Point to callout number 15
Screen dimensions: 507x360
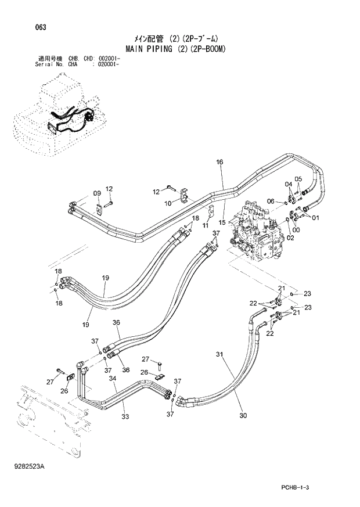[x=222, y=221]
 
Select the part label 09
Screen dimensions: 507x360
[x=97, y=193]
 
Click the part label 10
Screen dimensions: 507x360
[x=168, y=203]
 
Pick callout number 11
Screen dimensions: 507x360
[x=205, y=225]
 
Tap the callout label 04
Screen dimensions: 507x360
[x=288, y=184]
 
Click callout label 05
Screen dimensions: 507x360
[x=298, y=178]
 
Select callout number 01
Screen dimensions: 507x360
[x=315, y=218]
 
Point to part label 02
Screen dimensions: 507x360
[x=290, y=237]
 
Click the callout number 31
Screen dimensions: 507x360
[x=219, y=354]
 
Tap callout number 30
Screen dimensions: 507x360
[x=243, y=415]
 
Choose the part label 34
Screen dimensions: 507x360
[x=113, y=379]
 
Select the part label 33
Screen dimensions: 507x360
[x=124, y=415]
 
